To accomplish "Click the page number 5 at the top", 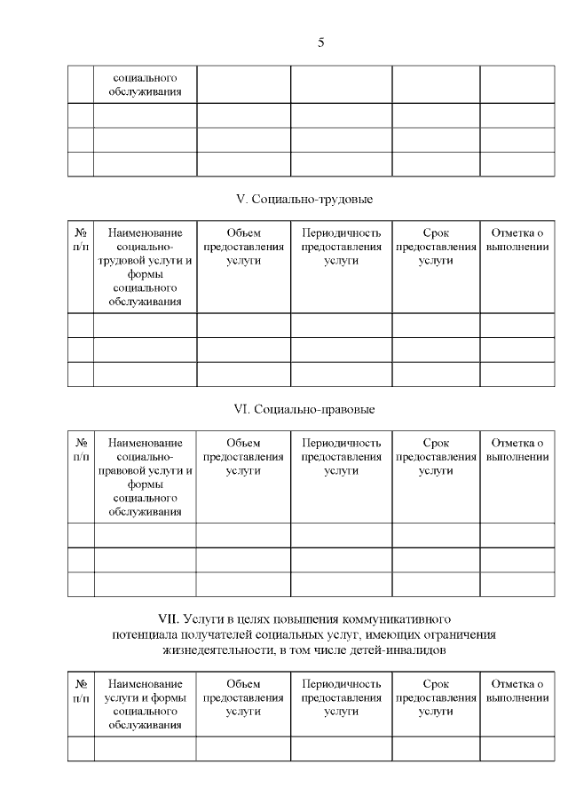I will click(320, 43).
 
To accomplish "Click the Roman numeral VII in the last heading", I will click(169, 617).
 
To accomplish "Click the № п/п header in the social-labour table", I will click(81, 240).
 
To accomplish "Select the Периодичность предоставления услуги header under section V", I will click(341, 247).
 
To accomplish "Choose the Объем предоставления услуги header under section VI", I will click(243, 456).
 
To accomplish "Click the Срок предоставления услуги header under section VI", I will click(436, 456).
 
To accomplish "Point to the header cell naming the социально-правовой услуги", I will click(145, 476).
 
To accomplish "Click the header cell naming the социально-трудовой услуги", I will click(145, 267).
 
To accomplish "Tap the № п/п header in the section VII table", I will click(81, 690).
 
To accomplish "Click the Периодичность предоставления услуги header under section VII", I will click(341, 697).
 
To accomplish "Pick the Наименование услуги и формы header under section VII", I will click(145, 705).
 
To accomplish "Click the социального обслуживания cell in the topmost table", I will click(145, 83).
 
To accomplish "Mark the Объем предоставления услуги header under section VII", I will click(243, 697).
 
